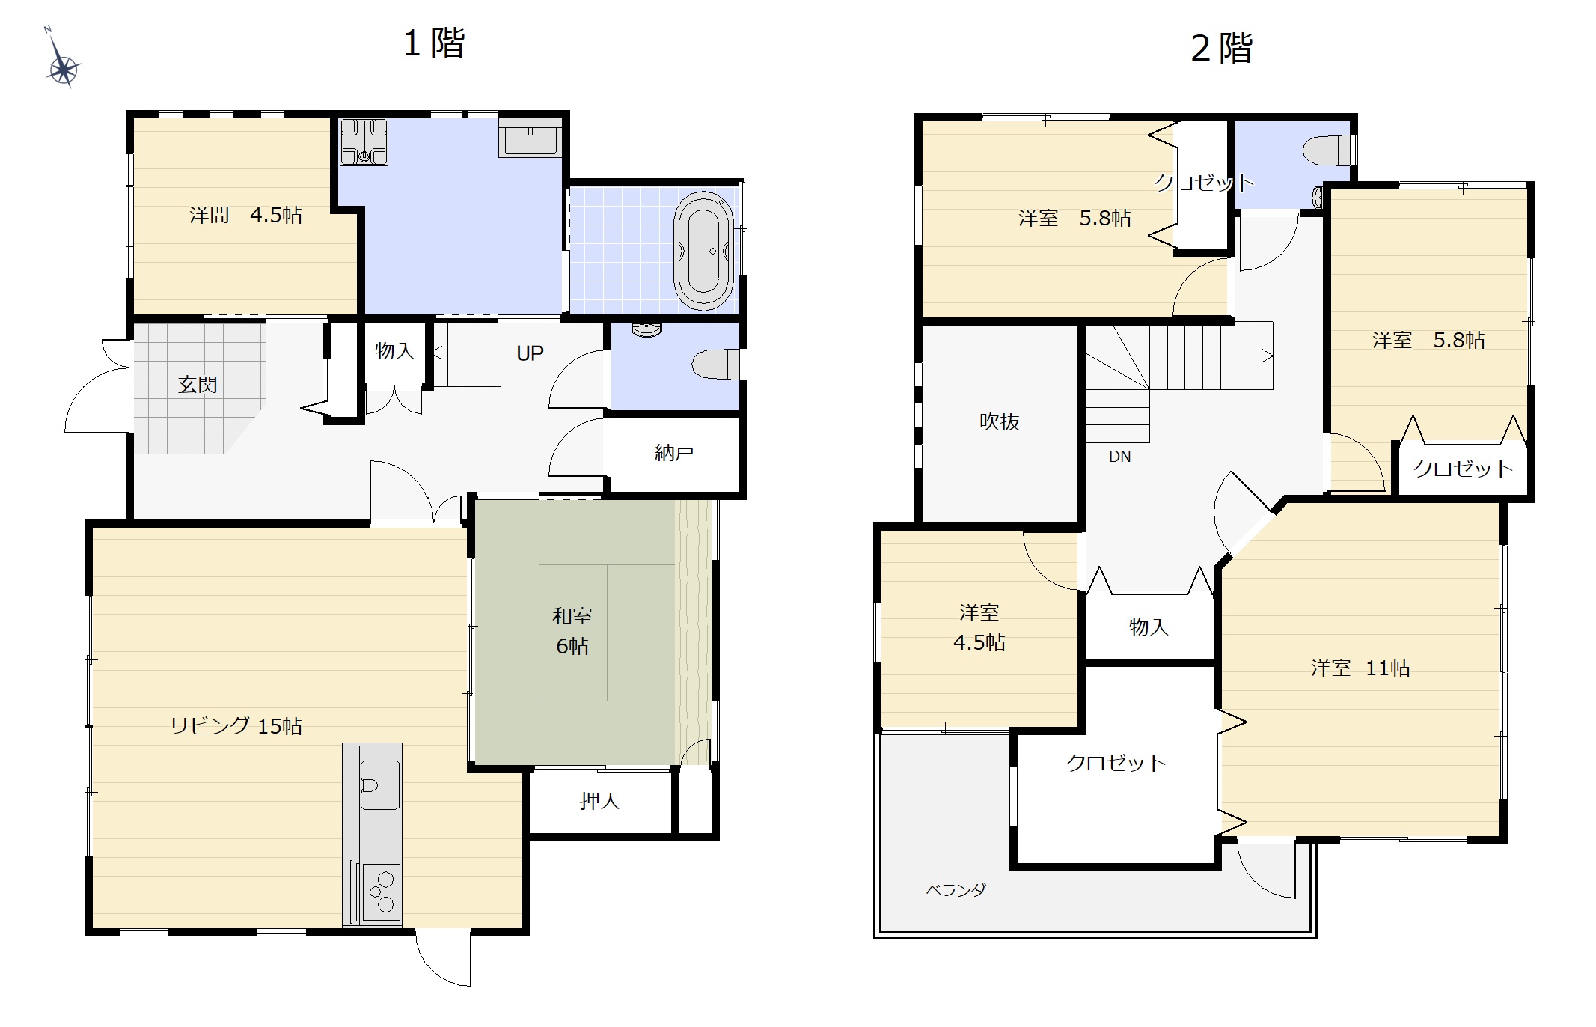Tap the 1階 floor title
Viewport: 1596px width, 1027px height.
pos(434,43)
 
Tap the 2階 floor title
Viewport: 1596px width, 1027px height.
pos(1221,49)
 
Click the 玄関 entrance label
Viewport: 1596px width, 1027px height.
pos(198,385)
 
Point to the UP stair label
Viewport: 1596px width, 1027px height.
pos(530,353)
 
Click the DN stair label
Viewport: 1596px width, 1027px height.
pos(1119,457)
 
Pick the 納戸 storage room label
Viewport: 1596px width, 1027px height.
pos(674,452)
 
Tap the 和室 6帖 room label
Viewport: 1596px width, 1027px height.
pos(572,631)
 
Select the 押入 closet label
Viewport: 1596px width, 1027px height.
pos(599,801)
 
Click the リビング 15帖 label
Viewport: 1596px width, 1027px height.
pos(236,725)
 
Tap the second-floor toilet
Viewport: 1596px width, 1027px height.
pos(1328,150)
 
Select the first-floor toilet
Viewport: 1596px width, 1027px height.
pos(718,365)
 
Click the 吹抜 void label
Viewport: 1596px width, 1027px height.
pos(1000,422)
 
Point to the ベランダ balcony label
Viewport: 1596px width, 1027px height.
pos(956,890)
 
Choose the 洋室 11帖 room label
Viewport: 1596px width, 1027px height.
pos(1360,668)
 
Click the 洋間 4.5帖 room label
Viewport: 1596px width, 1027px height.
pos(245,216)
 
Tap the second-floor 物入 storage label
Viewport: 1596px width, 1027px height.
pos(1149,627)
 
